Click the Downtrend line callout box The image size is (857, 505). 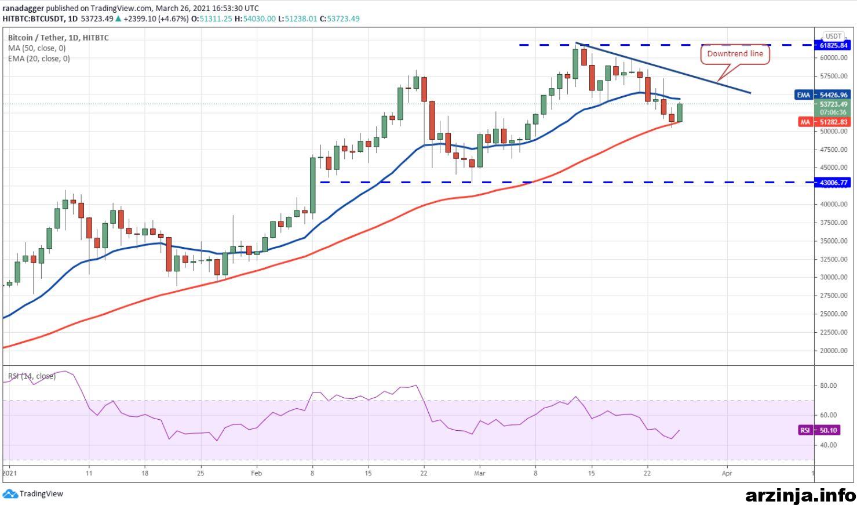click(x=735, y=54)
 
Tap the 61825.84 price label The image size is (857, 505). click(x=833, y=45)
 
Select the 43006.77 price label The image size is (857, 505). click(x=833, y=182)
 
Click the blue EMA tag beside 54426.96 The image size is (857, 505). click(x=804, y=95)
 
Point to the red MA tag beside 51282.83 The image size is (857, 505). click(x=805, y=122)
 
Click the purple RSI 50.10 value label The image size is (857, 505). click(x=819, y=430)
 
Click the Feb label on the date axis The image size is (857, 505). click(x=256, y=473)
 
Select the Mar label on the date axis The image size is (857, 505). click(x=479, y=473)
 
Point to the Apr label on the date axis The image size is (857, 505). click(x=727, y=473)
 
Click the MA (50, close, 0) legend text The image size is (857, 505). click(x=37, y=48)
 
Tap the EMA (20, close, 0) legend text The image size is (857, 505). click(x=39, y=59)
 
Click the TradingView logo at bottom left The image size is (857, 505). click(x=33, y=493)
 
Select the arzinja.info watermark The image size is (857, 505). click(x=801, y=496)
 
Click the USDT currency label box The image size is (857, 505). click(x=833, y=36)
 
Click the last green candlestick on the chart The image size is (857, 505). click(x=680, y=112)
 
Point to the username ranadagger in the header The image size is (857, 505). click(x=23, y=9)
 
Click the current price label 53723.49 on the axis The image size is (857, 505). click(x=833, y=104)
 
